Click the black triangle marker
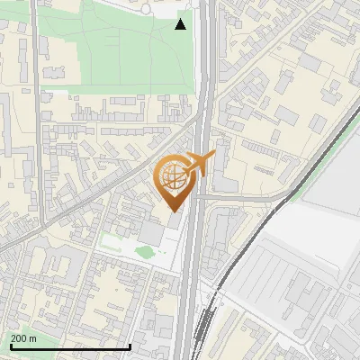(181, 24)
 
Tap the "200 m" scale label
(23, 338)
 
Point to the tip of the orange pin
(173, 211)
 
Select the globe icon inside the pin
(173, 178)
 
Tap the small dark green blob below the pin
(144, 252)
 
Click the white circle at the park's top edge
(146, 9)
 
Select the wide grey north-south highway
(193, 270)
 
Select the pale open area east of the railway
(315, 225)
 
